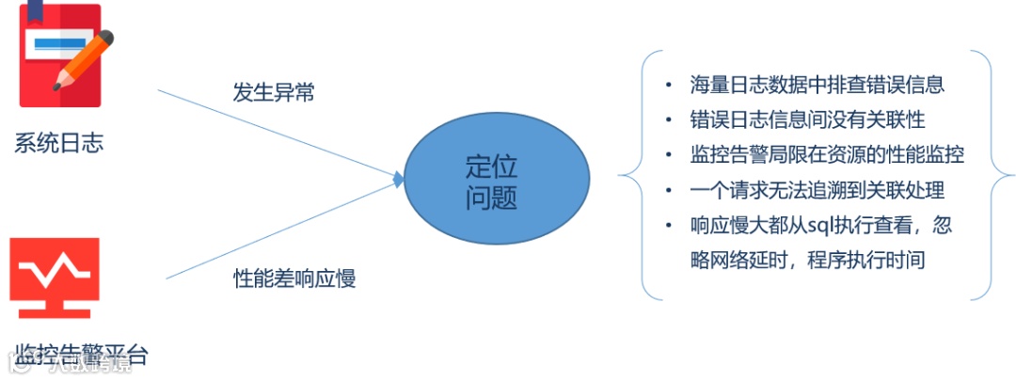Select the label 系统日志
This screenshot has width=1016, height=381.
pos(58,143)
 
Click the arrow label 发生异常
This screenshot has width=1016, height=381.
pos(274,92)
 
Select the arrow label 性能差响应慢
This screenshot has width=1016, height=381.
pos(294,278)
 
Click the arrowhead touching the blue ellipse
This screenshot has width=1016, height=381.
pos(399,178)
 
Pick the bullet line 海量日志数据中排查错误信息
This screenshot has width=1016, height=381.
pos(816,85)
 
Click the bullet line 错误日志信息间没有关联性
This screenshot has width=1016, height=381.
pos(806,119)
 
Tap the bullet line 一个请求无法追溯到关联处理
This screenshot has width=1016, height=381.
pos(816,189)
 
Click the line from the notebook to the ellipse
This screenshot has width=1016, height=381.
pos(273,132)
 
